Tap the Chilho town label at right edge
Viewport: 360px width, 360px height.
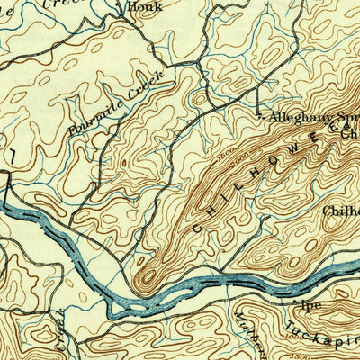pyautogui.click(x=341, y=211)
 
